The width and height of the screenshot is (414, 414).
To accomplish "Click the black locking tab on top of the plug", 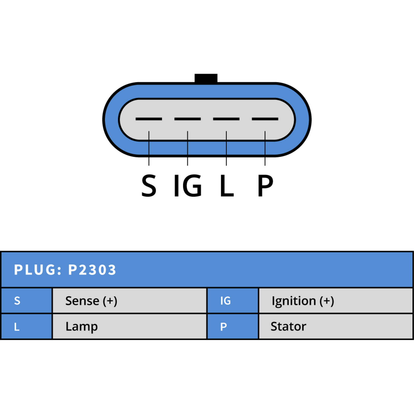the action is pos(206,78).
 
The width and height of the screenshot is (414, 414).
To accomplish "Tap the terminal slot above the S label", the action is pos(149,119).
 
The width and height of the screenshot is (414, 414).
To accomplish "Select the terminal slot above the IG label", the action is pos(188,119).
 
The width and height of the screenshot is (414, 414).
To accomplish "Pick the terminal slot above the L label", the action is pos(226,119).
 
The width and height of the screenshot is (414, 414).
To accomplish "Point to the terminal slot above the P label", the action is pos(265,119).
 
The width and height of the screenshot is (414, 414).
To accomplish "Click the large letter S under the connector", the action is pos(149,185).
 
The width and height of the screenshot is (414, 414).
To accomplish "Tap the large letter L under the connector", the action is pos(227,185).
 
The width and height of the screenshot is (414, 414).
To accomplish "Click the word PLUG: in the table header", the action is pos(38,270).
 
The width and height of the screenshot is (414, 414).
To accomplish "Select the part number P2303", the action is pos(92,270).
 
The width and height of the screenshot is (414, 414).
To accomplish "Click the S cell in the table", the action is pos(27,301).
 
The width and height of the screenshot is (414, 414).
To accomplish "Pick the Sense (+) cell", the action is pos(130,301).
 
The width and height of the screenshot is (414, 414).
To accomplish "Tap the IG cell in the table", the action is pos(233,301).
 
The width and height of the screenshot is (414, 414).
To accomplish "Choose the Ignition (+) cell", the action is pos(336,301).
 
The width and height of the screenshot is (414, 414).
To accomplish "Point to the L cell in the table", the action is pos(27,327).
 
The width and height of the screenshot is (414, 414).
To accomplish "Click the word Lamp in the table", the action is pos(82,327).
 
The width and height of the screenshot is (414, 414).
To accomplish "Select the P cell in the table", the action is pos(233,327).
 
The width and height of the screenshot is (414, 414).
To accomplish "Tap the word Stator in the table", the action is pos(289,327).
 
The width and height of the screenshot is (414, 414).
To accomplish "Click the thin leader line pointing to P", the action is pos(265,148).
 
